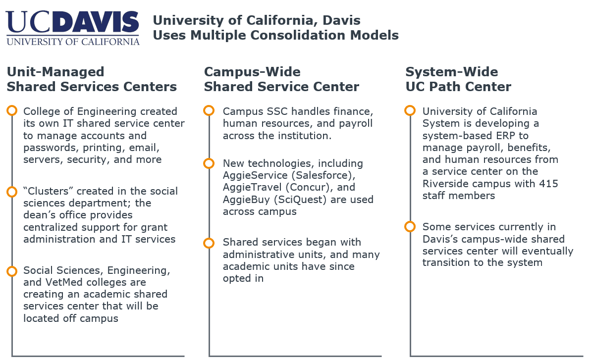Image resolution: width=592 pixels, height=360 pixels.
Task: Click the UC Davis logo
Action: (73, 28)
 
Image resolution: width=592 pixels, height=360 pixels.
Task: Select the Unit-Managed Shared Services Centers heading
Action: (92, 79)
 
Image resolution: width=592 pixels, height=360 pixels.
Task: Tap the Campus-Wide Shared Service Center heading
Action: (282, 79)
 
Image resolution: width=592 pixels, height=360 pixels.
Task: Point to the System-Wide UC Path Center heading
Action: (458, 79)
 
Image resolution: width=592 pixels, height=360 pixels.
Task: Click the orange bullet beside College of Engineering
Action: (12, 110)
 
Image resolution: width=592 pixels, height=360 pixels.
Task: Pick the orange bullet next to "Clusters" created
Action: (12, 192)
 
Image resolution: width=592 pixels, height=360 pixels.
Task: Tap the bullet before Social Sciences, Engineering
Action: (12, 271)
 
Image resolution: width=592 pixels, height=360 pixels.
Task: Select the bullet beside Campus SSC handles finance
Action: (209, 110)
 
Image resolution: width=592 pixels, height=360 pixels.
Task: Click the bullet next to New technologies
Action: (209, 163)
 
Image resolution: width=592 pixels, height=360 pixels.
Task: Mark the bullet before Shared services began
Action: (209, 243)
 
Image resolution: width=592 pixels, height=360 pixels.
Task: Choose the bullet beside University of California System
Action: (410, 110)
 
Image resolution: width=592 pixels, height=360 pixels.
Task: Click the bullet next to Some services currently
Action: (410, 227)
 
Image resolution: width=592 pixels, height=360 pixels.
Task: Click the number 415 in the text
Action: (548, 184)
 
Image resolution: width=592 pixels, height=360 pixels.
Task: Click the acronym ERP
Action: (507, 136)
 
